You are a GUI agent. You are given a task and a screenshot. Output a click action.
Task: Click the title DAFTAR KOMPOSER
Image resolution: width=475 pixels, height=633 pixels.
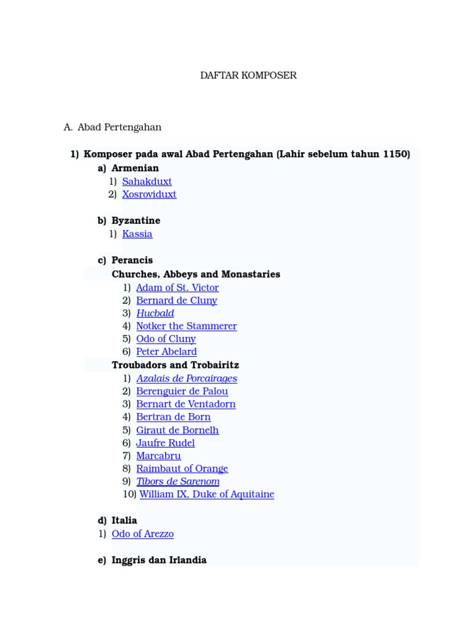[x=248, y=75]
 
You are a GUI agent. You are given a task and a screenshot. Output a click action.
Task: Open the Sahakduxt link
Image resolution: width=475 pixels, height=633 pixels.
[x=147, y=182]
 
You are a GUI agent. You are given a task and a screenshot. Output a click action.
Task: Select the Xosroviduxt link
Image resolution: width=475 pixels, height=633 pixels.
[x=149, y=195]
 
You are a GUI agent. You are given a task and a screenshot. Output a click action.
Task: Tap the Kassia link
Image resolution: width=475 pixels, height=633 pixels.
[x=137, y=234]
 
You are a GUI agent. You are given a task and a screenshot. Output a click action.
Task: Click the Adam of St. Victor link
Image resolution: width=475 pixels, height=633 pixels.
[x=177, y=288]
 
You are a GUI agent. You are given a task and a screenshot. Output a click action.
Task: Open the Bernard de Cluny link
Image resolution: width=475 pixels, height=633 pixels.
[x=176, y=301]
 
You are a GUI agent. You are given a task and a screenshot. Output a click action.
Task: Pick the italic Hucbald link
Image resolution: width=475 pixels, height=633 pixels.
[x=155, y=314]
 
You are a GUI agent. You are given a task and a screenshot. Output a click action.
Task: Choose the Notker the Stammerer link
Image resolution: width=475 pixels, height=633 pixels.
[x=186, y=326]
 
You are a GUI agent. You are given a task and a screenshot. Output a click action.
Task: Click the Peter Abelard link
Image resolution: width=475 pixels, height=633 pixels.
[x=166, y=352]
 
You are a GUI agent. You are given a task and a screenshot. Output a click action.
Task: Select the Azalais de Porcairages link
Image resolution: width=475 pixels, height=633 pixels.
[x=186, y=379]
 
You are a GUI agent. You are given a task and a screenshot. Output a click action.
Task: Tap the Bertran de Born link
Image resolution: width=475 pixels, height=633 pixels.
[x=173, y=417]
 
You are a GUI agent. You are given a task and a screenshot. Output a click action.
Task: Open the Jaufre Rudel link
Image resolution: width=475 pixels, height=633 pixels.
[x=165, y=443]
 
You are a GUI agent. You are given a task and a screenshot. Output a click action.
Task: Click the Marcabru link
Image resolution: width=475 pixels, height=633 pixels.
[x=158, y=456]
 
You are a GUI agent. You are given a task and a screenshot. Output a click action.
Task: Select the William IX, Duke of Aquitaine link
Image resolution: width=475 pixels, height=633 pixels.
[x=207, y=495]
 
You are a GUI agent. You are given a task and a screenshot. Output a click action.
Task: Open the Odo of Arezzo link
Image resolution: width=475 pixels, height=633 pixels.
[x=142, y=534]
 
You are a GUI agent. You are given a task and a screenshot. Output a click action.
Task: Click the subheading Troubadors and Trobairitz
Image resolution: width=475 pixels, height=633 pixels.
[x=175, y=365]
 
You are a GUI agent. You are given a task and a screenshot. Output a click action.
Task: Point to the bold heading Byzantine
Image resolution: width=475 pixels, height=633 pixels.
[x=135, y=221]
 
